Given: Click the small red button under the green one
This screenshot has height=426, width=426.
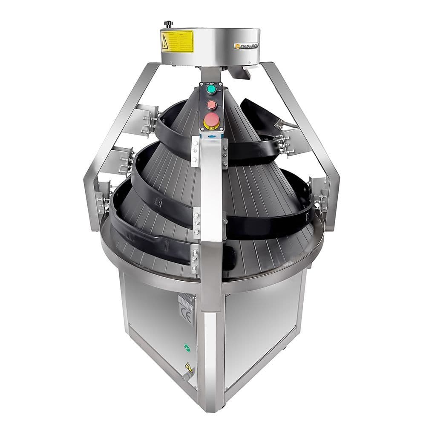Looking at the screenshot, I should [x=212, y=105].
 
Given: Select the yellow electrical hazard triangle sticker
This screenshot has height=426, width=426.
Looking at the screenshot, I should [x=188, y=368].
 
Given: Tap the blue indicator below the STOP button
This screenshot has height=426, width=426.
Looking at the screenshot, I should [x=212, y=134].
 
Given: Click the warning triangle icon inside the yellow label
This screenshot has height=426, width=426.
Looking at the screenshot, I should [x=165, y=41].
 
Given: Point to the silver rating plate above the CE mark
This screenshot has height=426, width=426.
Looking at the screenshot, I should [x=186, y=299].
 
